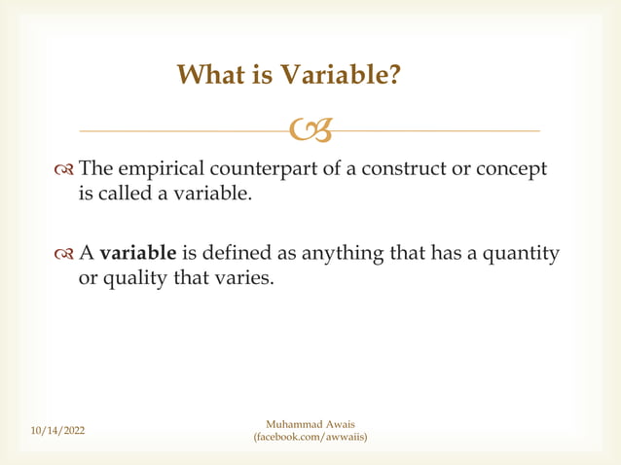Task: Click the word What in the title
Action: [210, 75]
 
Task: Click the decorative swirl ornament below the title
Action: [310, 127]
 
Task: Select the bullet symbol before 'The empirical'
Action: [64, 170]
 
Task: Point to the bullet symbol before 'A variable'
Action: [64, 255]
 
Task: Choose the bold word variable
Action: [138, 255]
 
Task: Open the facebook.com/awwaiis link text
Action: [310, 438]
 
